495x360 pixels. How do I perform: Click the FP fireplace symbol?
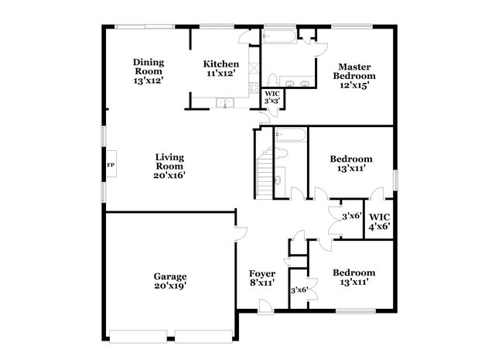[x=111, y=163]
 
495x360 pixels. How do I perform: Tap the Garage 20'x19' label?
[x=170, y=281]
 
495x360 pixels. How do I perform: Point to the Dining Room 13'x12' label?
[x=148, y=71]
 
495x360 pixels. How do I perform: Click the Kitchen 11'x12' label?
[x=221, y=69]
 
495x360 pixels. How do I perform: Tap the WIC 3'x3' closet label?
[x=272, y=98]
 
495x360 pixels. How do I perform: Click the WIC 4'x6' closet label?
[x=380, y=221]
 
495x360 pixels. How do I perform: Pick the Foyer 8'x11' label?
[x=262, y=278]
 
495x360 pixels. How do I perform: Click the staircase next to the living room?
[x=265, y=173]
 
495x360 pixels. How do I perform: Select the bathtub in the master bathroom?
[x=278, y=36]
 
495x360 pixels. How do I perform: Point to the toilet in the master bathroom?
[x=272, y=81]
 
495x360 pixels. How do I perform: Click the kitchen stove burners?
[x=254, y=87]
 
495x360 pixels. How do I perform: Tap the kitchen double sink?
[x=225, y=103]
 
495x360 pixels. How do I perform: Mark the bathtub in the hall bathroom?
[x=291, y=135]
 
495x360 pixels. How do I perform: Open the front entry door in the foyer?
[x=265, y=307]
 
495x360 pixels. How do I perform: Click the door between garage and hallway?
[x=241, y=234]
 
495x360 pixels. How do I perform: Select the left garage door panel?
[x=138, y=336]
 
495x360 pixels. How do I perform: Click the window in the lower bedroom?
[x=356, y=311]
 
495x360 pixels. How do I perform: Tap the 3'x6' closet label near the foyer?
[x=299, y=290]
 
